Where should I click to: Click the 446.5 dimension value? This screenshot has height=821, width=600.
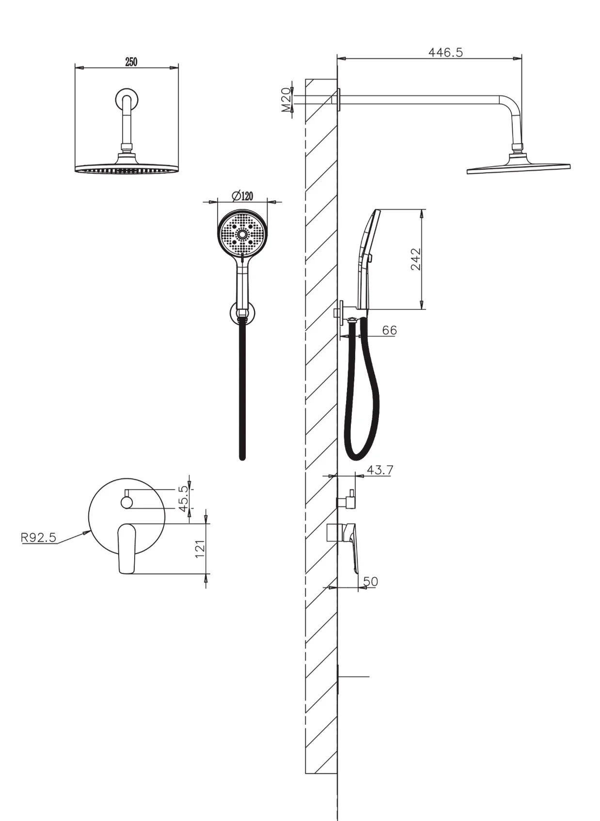click(445, 52)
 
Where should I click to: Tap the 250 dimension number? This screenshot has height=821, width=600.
click(131, 62)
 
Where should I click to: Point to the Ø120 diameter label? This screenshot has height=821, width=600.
click(243, 196)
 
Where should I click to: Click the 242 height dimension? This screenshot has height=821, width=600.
click(416, 259)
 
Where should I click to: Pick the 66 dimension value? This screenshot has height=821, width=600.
click(389, 330)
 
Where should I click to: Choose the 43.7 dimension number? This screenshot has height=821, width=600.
click(379, 470)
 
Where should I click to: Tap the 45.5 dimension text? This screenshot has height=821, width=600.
click(183, 500)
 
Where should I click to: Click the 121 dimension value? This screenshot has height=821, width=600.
click(200, 549)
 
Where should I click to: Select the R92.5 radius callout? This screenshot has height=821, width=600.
click(38, 537)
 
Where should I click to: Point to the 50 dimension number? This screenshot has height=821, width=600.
click(370, 581)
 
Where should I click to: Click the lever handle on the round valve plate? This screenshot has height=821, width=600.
click(126, 548)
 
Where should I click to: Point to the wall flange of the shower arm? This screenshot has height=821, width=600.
click(339, 99)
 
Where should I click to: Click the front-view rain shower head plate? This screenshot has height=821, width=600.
click(126, 169)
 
